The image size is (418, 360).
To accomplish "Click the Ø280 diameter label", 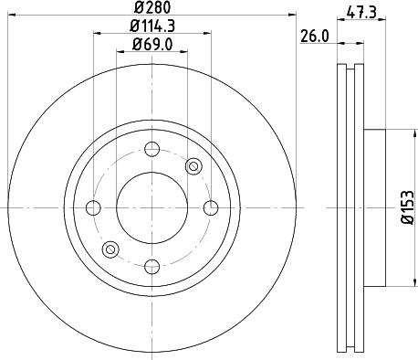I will [152, 9].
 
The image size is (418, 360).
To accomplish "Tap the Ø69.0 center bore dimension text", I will [152, 45].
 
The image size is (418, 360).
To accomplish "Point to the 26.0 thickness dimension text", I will [313, 37].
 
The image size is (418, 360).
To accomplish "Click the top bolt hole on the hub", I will [152, 150].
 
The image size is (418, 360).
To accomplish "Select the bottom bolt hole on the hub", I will [152, 265].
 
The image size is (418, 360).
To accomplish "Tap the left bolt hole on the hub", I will [95, 207].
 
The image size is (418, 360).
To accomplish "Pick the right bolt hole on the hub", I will [210, 207].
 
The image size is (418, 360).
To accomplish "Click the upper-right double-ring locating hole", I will [193, 166].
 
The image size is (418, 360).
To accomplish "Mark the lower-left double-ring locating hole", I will [111, 249].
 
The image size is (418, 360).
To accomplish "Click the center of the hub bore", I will [152, 207].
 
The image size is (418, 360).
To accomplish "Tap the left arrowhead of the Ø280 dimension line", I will [12, 16].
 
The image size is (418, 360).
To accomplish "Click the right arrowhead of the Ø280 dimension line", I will [293, 16].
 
